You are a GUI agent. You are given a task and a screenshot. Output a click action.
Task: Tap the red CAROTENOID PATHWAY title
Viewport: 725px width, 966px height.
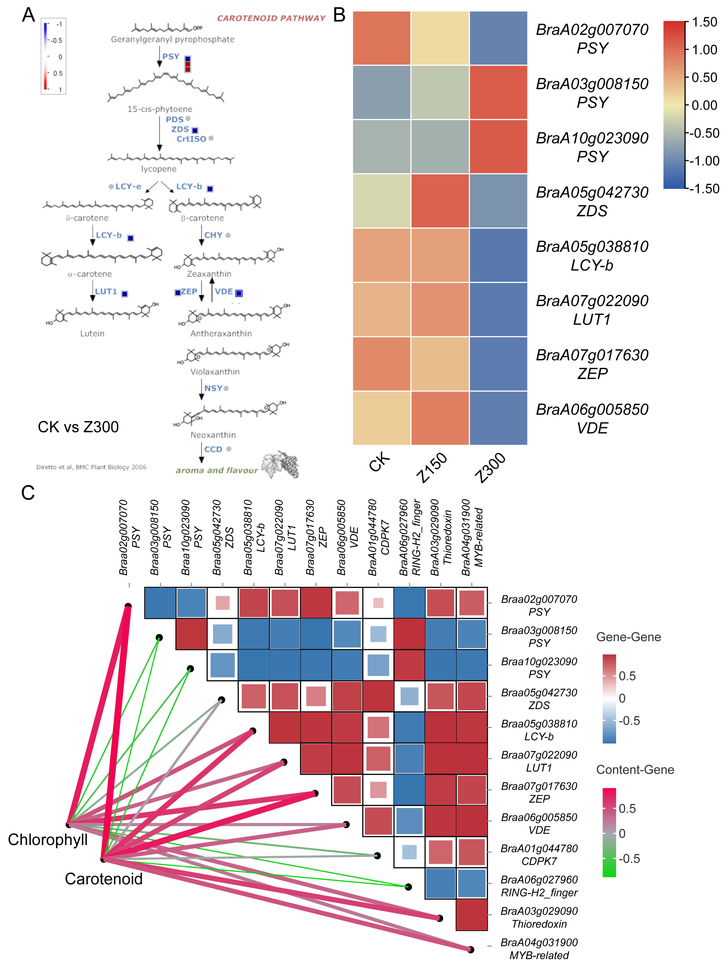[x=271, y=18]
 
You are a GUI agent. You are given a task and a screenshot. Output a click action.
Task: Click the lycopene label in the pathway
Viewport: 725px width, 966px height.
[x=159, y=169]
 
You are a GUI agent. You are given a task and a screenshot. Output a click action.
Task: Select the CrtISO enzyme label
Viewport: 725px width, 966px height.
[x=191, y=139]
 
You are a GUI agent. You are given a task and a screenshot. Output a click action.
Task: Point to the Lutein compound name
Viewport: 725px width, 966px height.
[x=92, y=334]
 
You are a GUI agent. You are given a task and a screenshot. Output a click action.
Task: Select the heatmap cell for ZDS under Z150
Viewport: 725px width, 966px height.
[x=440, y=201]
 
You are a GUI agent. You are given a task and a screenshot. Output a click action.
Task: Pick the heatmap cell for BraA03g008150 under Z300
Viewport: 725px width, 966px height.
[x=498, y=92]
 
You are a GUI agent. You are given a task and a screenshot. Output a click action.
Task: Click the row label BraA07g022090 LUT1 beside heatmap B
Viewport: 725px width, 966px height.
[x=592, y=310]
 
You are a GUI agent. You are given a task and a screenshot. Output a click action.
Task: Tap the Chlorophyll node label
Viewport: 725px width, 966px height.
[x=48, y=840]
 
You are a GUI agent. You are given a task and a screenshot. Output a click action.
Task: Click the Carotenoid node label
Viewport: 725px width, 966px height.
[x=103, y=879]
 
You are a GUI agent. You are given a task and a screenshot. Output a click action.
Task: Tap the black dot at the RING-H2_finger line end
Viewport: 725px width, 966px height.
[x=408, y=887]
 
